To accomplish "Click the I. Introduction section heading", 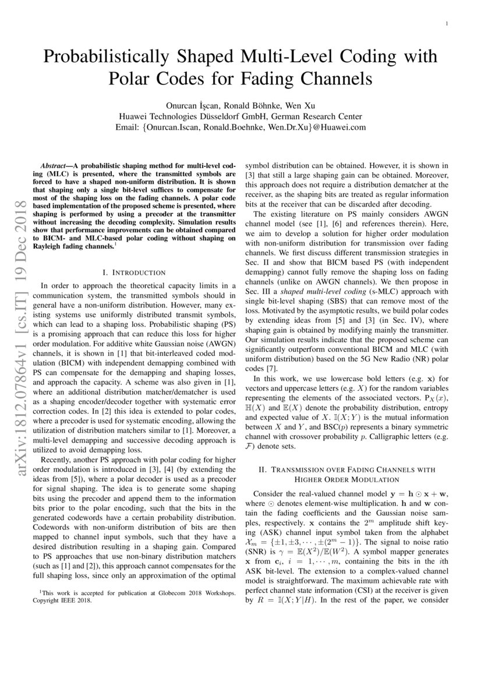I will coord(134,272).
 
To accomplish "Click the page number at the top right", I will coord(445,24).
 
